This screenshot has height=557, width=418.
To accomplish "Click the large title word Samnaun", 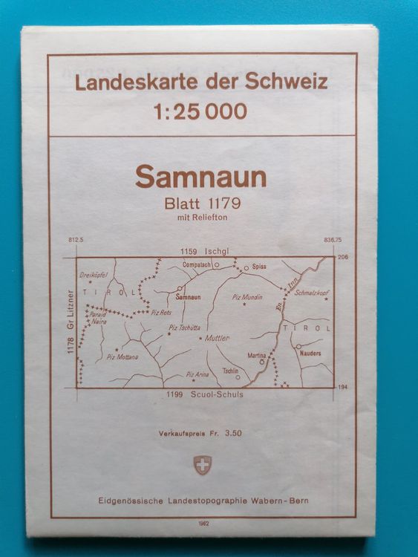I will click(201, 177).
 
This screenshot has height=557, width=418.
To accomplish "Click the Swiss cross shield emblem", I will click(201, 466).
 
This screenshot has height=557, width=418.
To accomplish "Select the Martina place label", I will click(256, 356).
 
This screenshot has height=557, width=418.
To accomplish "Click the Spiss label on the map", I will click(259, 265).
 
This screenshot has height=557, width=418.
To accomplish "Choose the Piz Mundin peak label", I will click(248, 297).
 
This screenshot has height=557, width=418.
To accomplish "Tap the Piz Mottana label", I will click(123, 356).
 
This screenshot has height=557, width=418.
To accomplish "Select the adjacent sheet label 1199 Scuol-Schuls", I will click(201, 394).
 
